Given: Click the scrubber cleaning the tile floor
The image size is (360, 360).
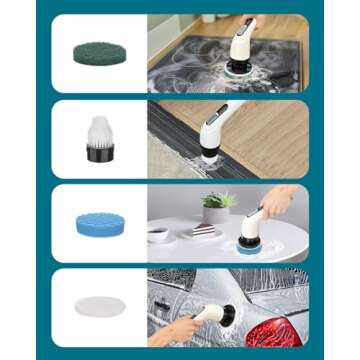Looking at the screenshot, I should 224,130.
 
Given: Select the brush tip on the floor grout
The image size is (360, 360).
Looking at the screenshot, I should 209,160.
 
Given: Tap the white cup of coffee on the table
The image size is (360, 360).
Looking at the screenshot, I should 158,234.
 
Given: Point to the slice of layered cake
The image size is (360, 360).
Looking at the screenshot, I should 202,231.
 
